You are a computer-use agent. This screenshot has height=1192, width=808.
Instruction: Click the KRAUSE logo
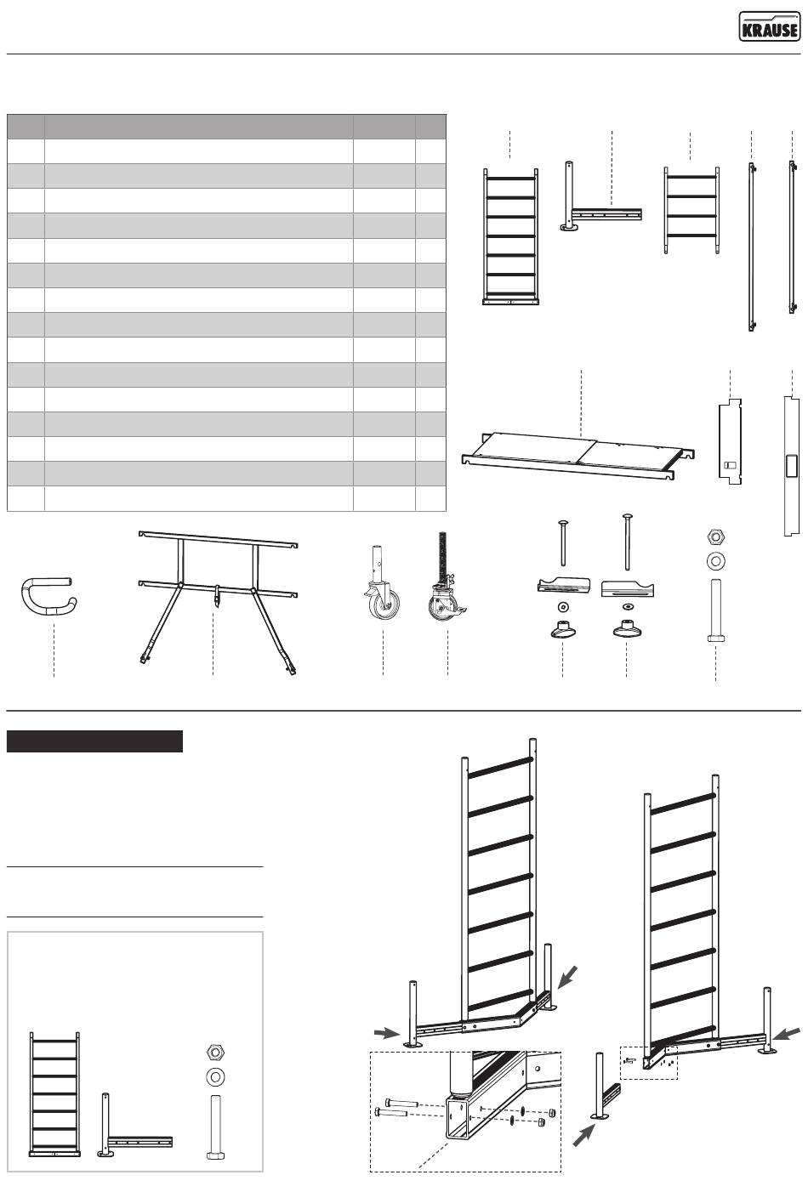[768, 27]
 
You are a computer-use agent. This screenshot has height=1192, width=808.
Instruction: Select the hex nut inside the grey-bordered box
[215, 1050]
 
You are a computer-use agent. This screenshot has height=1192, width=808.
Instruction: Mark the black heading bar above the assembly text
[94, 741]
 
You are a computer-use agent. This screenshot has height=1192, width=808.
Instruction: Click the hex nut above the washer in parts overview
[715, 536]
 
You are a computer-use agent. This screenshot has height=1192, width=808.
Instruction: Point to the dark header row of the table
[226, 127]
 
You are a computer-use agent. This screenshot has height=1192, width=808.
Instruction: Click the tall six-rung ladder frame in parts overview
[510, 234]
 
